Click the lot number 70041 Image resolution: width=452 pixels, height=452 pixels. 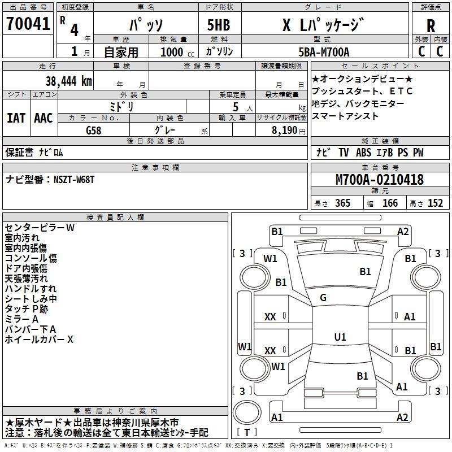pos(28,24)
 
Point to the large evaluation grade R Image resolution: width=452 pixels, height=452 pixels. pos(431,25)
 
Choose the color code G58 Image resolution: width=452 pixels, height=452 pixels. pos(94,129)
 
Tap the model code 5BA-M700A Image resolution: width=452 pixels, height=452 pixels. pos(324,52)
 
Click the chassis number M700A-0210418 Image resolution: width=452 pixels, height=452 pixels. pos(379,180)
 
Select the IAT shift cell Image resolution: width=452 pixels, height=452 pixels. pos(16,118)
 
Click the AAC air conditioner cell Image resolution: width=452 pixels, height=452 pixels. pos(43,118)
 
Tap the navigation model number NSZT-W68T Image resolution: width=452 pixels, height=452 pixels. pos(74,179)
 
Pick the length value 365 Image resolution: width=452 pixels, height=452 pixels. pos(342,203)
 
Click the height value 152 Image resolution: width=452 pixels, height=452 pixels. pos(434,203)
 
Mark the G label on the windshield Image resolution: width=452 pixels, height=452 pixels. pos(323,298)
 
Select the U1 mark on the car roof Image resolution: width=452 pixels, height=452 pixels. pos(340,337)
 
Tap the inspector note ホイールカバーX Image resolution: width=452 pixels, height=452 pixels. pos(39,340)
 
